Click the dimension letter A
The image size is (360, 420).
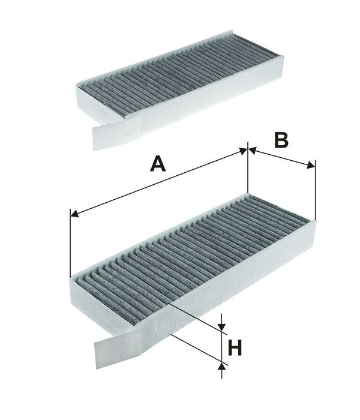[158, 164]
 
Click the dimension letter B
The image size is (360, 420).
[281, 140]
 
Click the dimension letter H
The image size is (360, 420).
[235, 347]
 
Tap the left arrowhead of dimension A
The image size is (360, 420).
[74, 214]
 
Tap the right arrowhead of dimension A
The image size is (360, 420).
[243, 151]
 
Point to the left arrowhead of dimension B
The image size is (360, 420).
[253, 151]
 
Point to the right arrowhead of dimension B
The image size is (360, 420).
[311, 165]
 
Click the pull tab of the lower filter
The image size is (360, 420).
[118, 348]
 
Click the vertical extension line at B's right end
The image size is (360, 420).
[316, 190]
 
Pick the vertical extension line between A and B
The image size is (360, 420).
[248, 167]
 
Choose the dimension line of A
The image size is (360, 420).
[158, 182]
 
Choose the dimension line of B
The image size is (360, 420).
[282, 158]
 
